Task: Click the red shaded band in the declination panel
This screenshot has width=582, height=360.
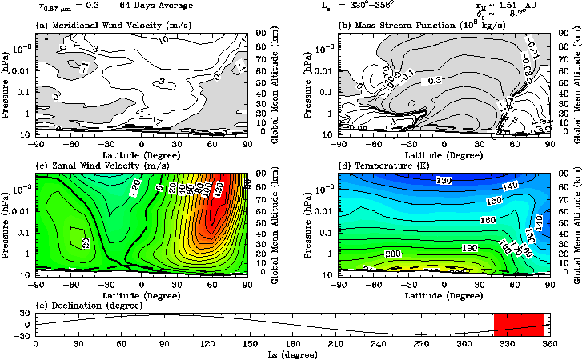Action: pos(519,324)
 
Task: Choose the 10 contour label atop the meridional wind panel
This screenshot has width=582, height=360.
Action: pos(164,39)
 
